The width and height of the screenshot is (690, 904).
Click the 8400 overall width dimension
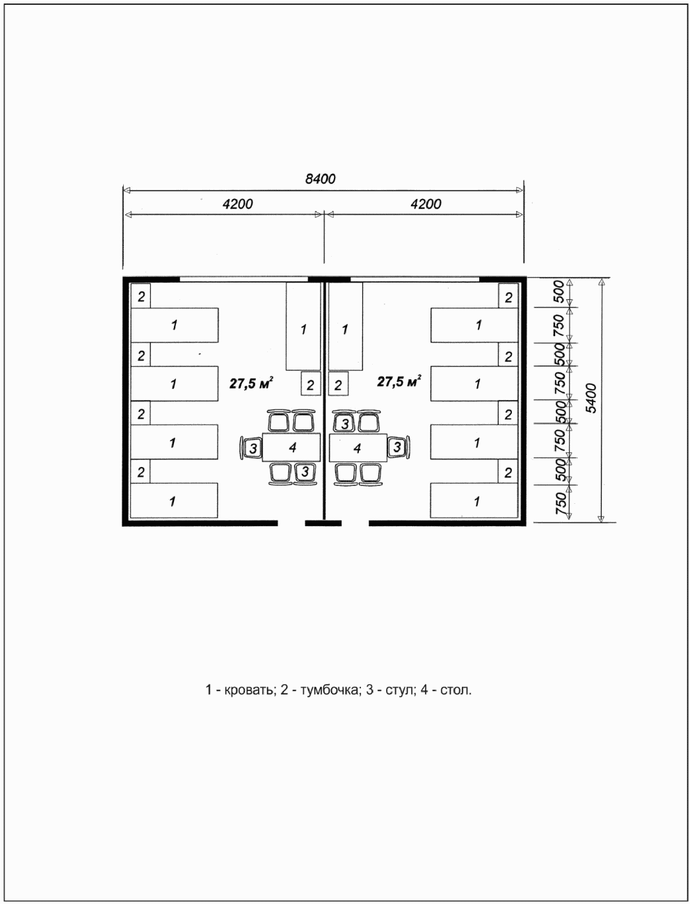(321, 179)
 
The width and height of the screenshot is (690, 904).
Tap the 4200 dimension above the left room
(237, 204)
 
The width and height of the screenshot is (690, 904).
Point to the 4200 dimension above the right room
(426, 204)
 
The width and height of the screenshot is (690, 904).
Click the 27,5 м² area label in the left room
(250, 381)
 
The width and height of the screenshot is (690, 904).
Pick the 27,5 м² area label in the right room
(399, 381)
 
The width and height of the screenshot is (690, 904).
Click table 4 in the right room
(358, 447)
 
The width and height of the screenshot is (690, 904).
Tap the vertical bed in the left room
(303, 326)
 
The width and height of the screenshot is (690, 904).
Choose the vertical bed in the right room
(346, 326)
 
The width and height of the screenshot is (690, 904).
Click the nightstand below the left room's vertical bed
(310, 384)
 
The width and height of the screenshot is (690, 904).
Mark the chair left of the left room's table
(251, 447)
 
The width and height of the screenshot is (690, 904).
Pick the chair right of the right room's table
(397, 447)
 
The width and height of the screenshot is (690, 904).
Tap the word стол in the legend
(456, 691)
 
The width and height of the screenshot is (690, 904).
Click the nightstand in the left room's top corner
(141, 296)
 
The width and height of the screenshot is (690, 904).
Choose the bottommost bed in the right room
(475, 501)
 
